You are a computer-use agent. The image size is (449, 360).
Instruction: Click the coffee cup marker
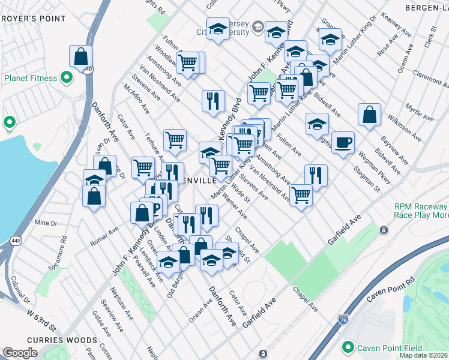[x=343, y=143]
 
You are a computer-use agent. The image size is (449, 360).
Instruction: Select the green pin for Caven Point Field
[x=347, y=348]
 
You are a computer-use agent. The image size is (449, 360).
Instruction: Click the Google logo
[x=20, y=353]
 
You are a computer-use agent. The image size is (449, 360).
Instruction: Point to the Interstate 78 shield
[x=343, y=320]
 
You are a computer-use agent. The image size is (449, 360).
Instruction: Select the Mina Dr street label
[x=45, y=223]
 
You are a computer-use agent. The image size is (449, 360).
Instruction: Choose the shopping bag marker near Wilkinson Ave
[x=370, y=115]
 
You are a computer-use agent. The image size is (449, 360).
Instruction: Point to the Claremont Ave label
[x=427, y=82]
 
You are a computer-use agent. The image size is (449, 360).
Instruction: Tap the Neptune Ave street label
[x=117, y=301]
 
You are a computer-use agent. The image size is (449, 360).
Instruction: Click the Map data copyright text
[x=423, y=355]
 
